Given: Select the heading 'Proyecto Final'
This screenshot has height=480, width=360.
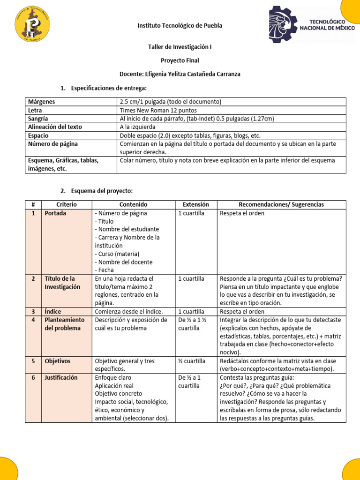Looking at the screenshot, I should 180,60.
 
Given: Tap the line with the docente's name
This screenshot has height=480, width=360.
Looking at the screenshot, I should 180,74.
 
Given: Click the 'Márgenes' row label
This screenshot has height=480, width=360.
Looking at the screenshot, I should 42,102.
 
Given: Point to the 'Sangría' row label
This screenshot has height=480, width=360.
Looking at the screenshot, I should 38,119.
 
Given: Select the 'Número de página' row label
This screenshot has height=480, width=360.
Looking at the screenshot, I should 53,144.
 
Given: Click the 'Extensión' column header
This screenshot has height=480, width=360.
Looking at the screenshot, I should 192,205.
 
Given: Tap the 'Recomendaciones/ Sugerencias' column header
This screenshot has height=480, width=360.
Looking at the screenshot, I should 281,205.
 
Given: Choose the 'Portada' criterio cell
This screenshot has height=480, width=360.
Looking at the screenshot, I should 55,213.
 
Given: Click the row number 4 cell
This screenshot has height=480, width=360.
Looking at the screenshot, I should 33,320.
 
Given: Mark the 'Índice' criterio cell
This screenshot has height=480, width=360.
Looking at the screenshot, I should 52,311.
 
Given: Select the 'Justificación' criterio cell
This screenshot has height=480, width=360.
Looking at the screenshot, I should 61,377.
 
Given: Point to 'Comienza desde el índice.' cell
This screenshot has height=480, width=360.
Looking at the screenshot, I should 129,311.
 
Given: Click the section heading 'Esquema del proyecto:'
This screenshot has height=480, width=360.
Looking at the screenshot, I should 102,191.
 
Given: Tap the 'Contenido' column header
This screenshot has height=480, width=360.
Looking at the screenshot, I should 133,205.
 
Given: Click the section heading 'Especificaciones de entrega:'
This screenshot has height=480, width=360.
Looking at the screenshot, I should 109,88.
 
